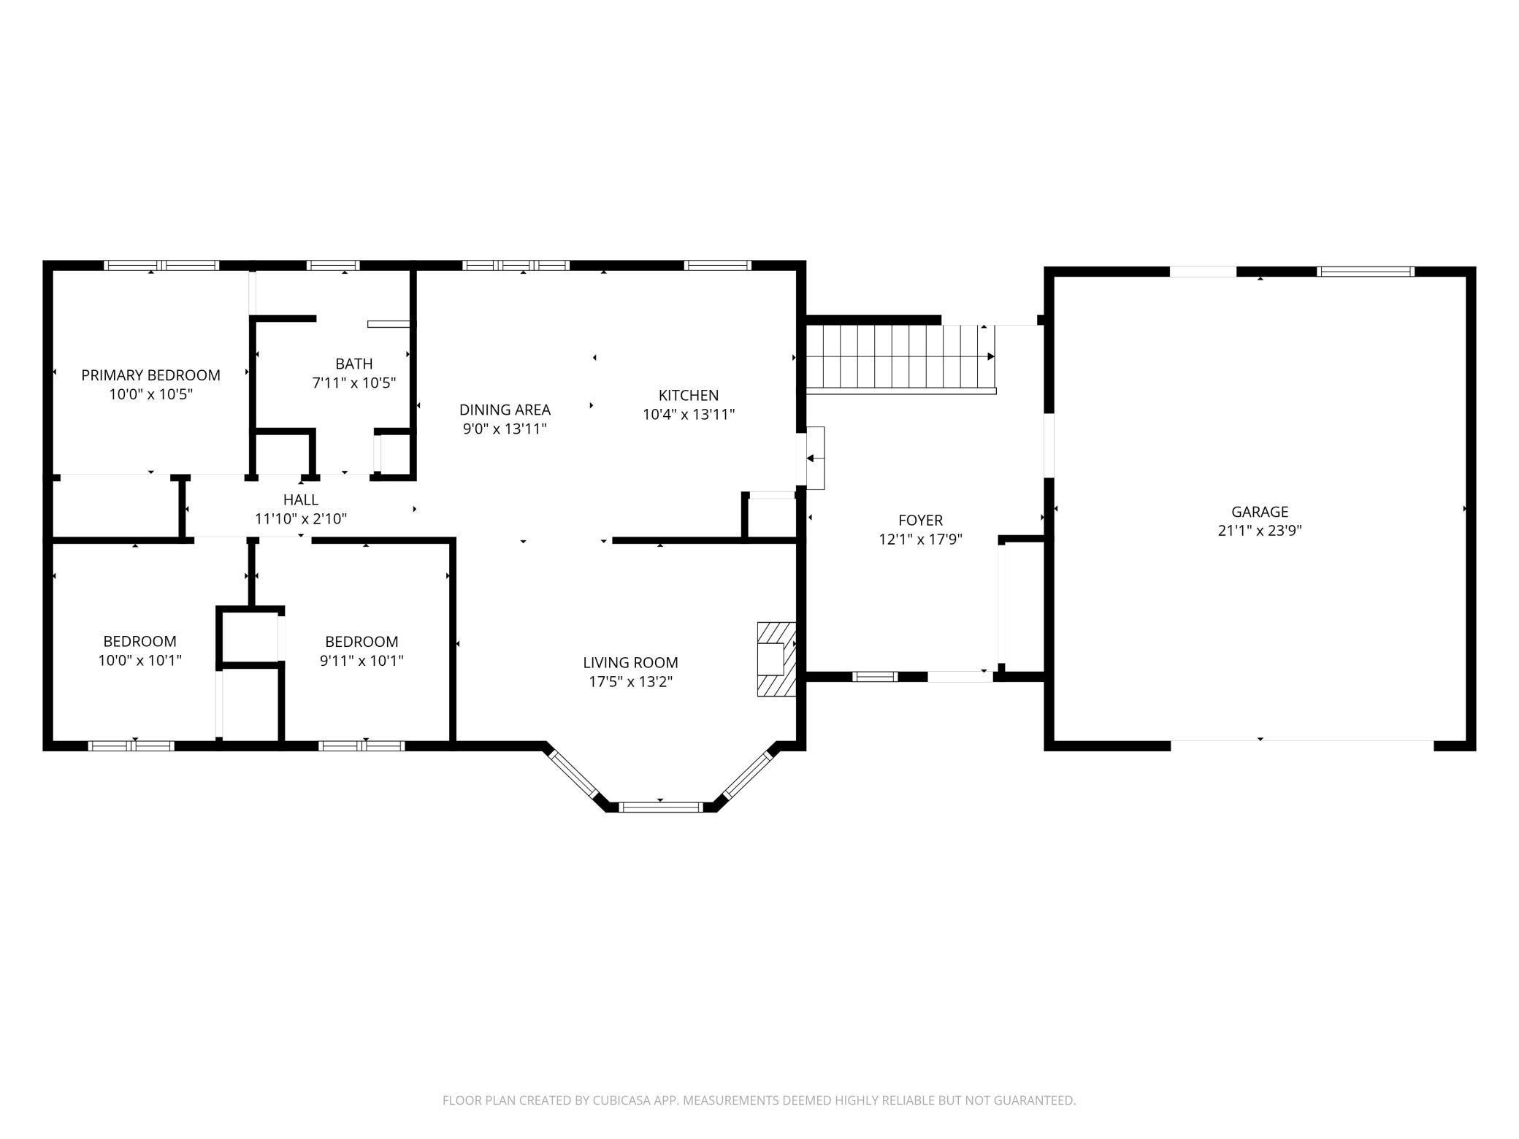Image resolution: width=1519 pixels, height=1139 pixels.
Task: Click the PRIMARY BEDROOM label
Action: (150, 375)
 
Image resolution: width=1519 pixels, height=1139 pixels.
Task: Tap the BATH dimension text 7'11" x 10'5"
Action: (354, 383)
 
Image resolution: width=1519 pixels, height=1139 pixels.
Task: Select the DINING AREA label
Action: (505, 410)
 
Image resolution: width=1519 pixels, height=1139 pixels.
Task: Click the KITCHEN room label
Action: (688, 395)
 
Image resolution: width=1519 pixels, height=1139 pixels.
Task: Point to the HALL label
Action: (300, 499)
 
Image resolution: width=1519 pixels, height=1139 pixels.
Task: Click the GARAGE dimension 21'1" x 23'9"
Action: (1259, 531)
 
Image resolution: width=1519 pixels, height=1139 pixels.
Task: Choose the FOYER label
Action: (920, 520)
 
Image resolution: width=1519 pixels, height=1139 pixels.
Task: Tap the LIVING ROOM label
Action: (630, 662)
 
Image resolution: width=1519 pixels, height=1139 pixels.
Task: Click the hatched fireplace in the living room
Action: (775, 659)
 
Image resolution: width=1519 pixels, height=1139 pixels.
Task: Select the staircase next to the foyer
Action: (898, 357)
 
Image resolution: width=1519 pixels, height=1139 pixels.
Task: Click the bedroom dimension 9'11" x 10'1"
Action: (361, 661)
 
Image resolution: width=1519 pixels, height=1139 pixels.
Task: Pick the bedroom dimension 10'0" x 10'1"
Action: (139, 661)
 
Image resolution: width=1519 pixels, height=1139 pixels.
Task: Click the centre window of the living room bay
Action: (660, 807)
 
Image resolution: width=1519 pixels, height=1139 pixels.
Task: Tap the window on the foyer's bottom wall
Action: (875, 677)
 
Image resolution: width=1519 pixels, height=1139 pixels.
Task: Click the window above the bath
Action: (333, 266)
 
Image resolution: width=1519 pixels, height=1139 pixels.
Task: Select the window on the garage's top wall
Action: (1365, 272)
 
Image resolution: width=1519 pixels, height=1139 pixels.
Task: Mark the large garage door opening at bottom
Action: (1301, 745)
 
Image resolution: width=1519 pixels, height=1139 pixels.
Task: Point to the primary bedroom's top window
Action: (161, 266)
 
